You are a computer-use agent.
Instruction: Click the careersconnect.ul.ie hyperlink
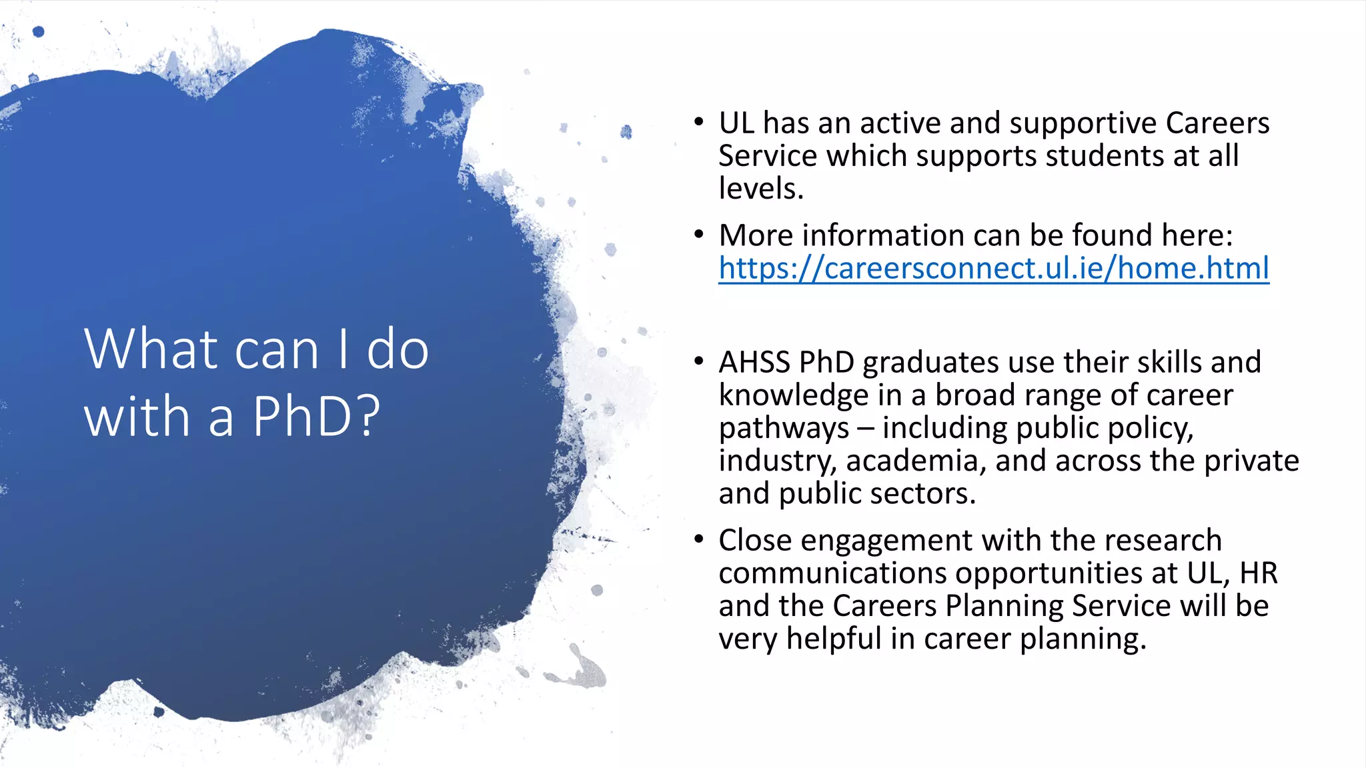coord(993,268)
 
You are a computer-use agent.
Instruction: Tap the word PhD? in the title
coord(316,416)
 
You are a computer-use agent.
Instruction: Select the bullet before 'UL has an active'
coord(698,122)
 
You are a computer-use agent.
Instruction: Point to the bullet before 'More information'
coord(698,235)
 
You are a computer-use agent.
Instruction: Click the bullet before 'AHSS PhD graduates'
coord(698,361)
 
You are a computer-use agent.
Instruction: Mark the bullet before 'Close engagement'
coord(698,539)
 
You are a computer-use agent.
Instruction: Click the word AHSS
coord(754,363)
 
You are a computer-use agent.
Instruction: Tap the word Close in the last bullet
coord(754,540)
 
